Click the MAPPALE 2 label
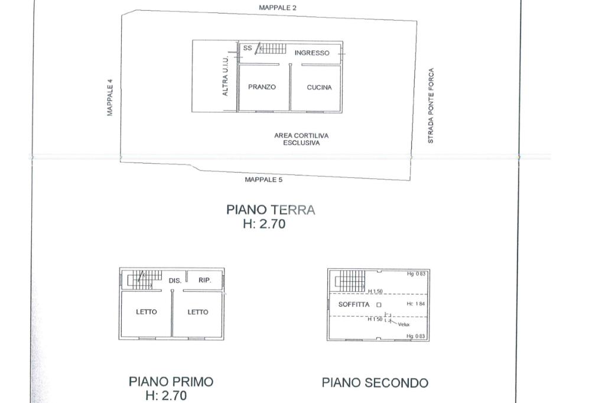pos(278,8)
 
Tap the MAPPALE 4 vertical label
pos(110,97)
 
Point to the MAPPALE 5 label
pos(264,180)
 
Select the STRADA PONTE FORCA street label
pos(431,106)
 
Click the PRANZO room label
pos(262,87)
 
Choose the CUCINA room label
pos(319,87)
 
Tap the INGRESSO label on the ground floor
pos(312,53)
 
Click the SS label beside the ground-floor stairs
pos(248,48)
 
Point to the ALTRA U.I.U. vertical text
pos(225,76)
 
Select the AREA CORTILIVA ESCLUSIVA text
pos(301,139)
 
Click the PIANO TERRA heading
pos(271,210)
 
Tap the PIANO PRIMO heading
pos(171,382)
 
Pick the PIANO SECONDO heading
pos(375,382)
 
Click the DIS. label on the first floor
pos(175,281)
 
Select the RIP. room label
pos(205,280)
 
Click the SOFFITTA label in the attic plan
pos(354,304)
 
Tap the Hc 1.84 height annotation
pos(415,304)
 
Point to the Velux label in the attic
pos(404,324)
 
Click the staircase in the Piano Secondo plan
pos(350,281)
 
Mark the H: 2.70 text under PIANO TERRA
pos(264,224)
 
